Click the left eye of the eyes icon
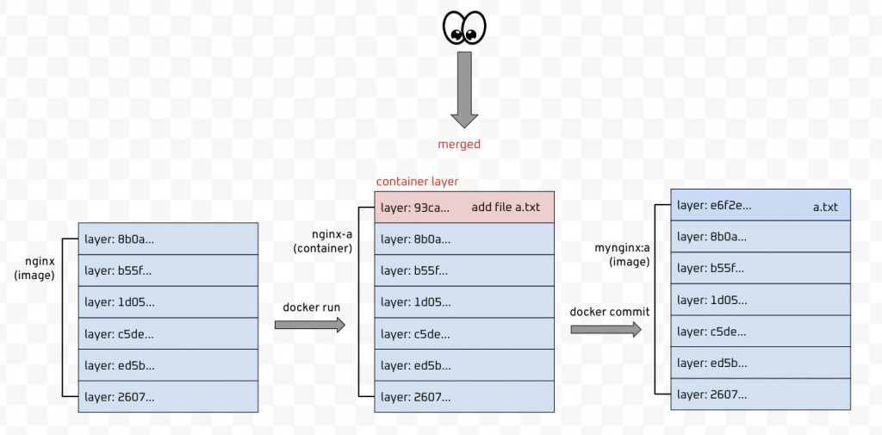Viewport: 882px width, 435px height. (x=454, y=28)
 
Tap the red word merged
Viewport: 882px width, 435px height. (x=459, y=145)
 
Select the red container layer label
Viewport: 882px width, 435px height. (x=418, y=182)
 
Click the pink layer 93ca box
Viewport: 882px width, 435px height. (x=463, y=208)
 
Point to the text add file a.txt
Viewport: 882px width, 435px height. (x=506, y=208)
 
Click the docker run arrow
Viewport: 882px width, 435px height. (x=309, y=325)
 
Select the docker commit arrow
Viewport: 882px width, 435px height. (x=606, y=328)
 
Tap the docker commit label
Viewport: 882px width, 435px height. (x=610, y=311)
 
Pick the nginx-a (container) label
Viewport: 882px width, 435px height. (x=323, y=240)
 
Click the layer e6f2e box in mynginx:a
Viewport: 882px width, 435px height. (x=761, y=205)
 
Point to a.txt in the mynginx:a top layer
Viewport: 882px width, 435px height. (x=825, y=207)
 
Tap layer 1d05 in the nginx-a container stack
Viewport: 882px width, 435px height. (x=463, y=301)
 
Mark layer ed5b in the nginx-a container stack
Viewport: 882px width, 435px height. (x=463, y=364)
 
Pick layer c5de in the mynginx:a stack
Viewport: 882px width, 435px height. (x=761, y=332)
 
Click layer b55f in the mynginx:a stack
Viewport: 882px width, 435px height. (x=761, y=268)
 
